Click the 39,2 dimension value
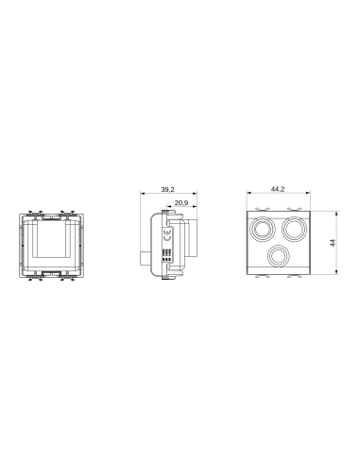[168, 190]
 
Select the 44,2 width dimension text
[278, 190]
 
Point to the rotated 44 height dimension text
[332, 242]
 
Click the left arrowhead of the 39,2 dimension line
[141, 196]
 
